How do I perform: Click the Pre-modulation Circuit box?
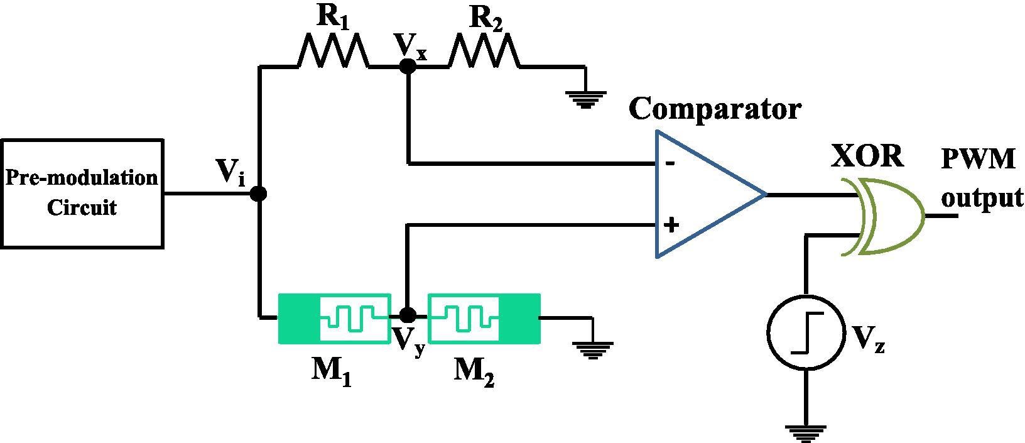tap(82, 194)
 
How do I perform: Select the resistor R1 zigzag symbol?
tap(333, 51)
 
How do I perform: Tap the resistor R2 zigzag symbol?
tap(484, 51)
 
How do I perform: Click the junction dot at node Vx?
tap(408, 65)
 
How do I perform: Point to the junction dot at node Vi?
tap(258, 194)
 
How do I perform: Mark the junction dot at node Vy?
tap(408, 314)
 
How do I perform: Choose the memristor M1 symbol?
tap(334, 318)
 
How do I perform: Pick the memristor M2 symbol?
tap(484, 318)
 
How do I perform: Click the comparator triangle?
tap(703, 194)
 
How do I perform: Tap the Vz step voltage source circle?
tap(806, 331)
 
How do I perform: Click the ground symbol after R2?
tap(585, 99)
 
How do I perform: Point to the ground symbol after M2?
tap(591, 349)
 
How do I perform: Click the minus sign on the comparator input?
tap(671, 164)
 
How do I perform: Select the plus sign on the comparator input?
tap(671, 224)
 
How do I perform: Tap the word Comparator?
tap(715, 109)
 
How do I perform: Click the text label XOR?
tap(867, 156)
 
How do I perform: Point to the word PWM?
tap(978, 160)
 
